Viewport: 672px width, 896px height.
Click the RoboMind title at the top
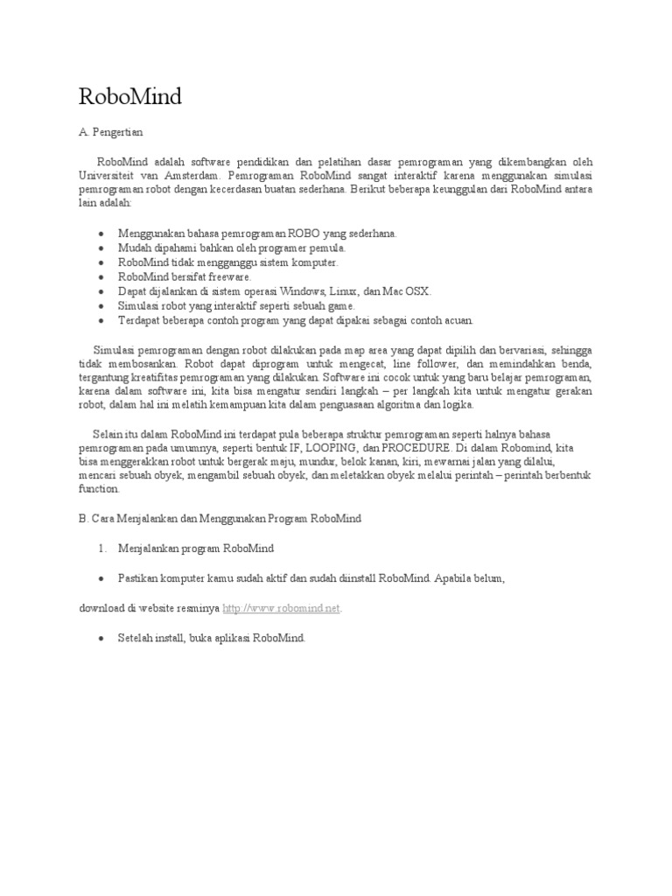[130, 97]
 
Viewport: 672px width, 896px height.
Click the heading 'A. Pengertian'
[110, 132]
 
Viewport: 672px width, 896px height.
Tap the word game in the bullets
[339, 306]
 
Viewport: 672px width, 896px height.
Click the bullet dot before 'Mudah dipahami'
[102, 248]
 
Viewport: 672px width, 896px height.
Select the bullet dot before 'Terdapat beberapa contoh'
[102, 321]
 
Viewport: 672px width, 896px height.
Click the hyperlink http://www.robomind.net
[281, 608]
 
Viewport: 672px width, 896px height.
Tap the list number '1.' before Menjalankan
[102, 549]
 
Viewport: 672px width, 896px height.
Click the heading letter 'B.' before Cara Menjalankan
[83, 518]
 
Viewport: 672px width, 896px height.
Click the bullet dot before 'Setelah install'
[102, 639]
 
